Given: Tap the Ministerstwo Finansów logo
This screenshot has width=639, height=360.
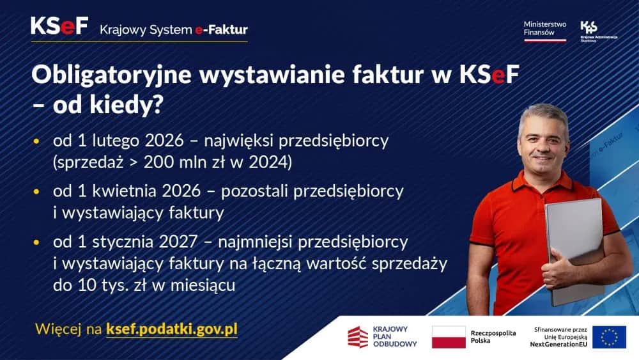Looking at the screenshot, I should click(x=544, y=29).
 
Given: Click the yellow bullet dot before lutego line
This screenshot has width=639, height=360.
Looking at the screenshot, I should click(x=36, y=141).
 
